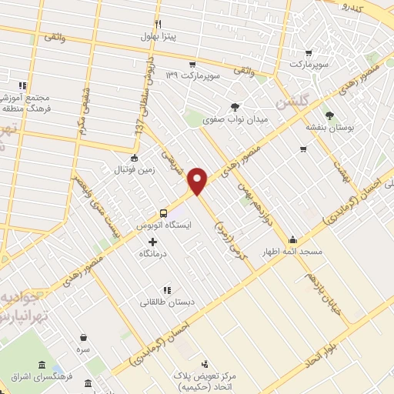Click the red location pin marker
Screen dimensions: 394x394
[199, 180]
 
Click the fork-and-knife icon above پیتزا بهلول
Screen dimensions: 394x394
[158, 24]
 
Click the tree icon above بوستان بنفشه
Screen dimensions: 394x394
[329, 115]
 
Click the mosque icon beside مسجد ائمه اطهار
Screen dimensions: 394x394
[292, 239]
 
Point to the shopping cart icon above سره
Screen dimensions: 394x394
[83, 337]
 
